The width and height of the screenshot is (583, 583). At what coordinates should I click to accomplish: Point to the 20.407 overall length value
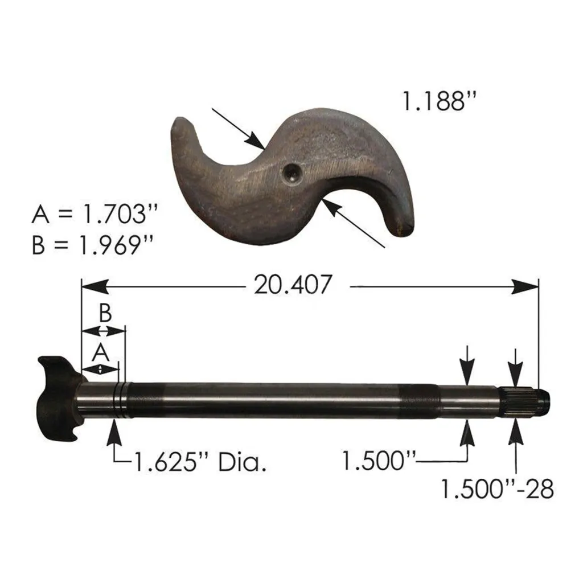[292, 286]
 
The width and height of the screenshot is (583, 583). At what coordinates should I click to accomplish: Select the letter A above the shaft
[100, 352]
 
